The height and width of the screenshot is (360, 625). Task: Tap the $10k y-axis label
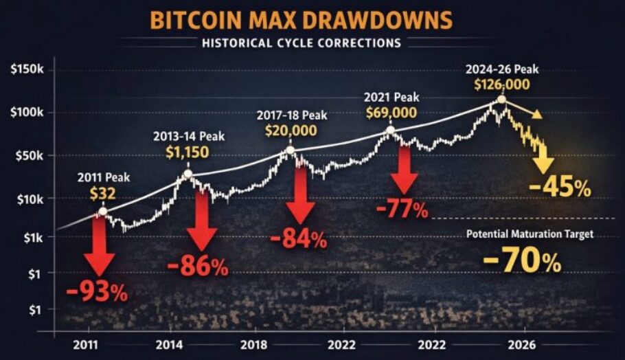point(27,199)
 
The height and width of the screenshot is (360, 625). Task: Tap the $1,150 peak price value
point(187,152)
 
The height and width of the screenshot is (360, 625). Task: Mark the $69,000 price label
point(389,111)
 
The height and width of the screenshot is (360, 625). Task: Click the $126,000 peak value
point(502,85)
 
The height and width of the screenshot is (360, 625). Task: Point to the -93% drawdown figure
point(98,292)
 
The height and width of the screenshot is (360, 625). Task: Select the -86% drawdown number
point(198,267)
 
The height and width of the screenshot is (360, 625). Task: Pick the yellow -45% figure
point(559,187)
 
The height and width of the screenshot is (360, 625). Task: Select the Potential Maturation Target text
point(529,234)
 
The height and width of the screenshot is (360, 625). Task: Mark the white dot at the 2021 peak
point(390,130)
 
